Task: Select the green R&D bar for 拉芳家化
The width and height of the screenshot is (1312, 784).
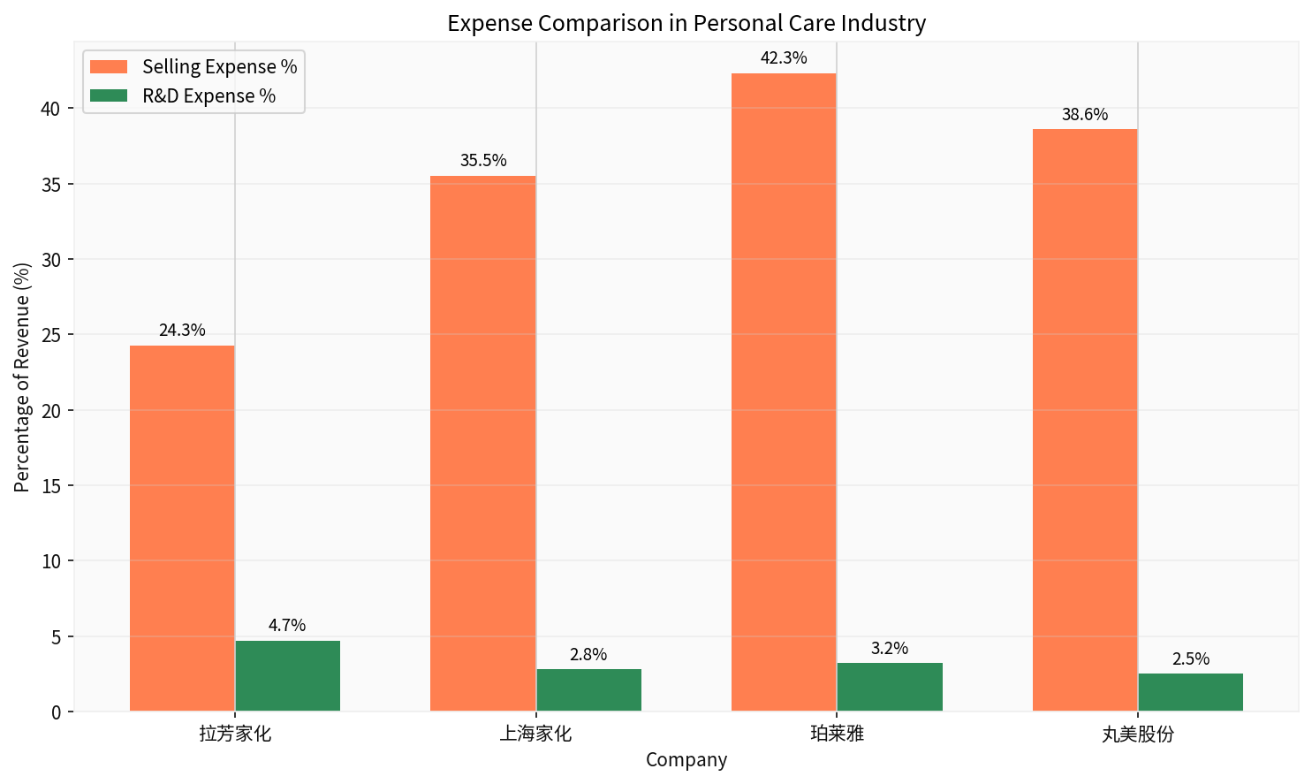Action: pos(288,675)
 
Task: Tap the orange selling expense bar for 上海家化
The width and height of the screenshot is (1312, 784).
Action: pos(482,443)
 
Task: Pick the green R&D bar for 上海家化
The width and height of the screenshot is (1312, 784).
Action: pos(589,689)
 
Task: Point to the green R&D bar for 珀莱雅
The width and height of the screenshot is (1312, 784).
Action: pos(890,687)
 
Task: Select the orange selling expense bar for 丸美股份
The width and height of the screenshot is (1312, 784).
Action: pos(1085,420)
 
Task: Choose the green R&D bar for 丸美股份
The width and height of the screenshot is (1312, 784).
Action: pos(1191,692)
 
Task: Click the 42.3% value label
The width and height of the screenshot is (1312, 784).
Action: pos(784,58)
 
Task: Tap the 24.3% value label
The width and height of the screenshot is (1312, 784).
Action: pos(182,331)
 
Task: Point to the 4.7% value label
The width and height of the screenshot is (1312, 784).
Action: pos(287,626)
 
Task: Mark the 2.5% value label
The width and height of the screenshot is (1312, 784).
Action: pos(1191,659)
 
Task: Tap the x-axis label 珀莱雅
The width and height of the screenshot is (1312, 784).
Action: pos(837,734)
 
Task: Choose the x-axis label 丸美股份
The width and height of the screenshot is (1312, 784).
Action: pos(1138,734)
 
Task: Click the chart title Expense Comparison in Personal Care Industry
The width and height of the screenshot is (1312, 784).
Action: pos(686,23)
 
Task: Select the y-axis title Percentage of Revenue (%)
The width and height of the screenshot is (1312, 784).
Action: pos(22,377)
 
